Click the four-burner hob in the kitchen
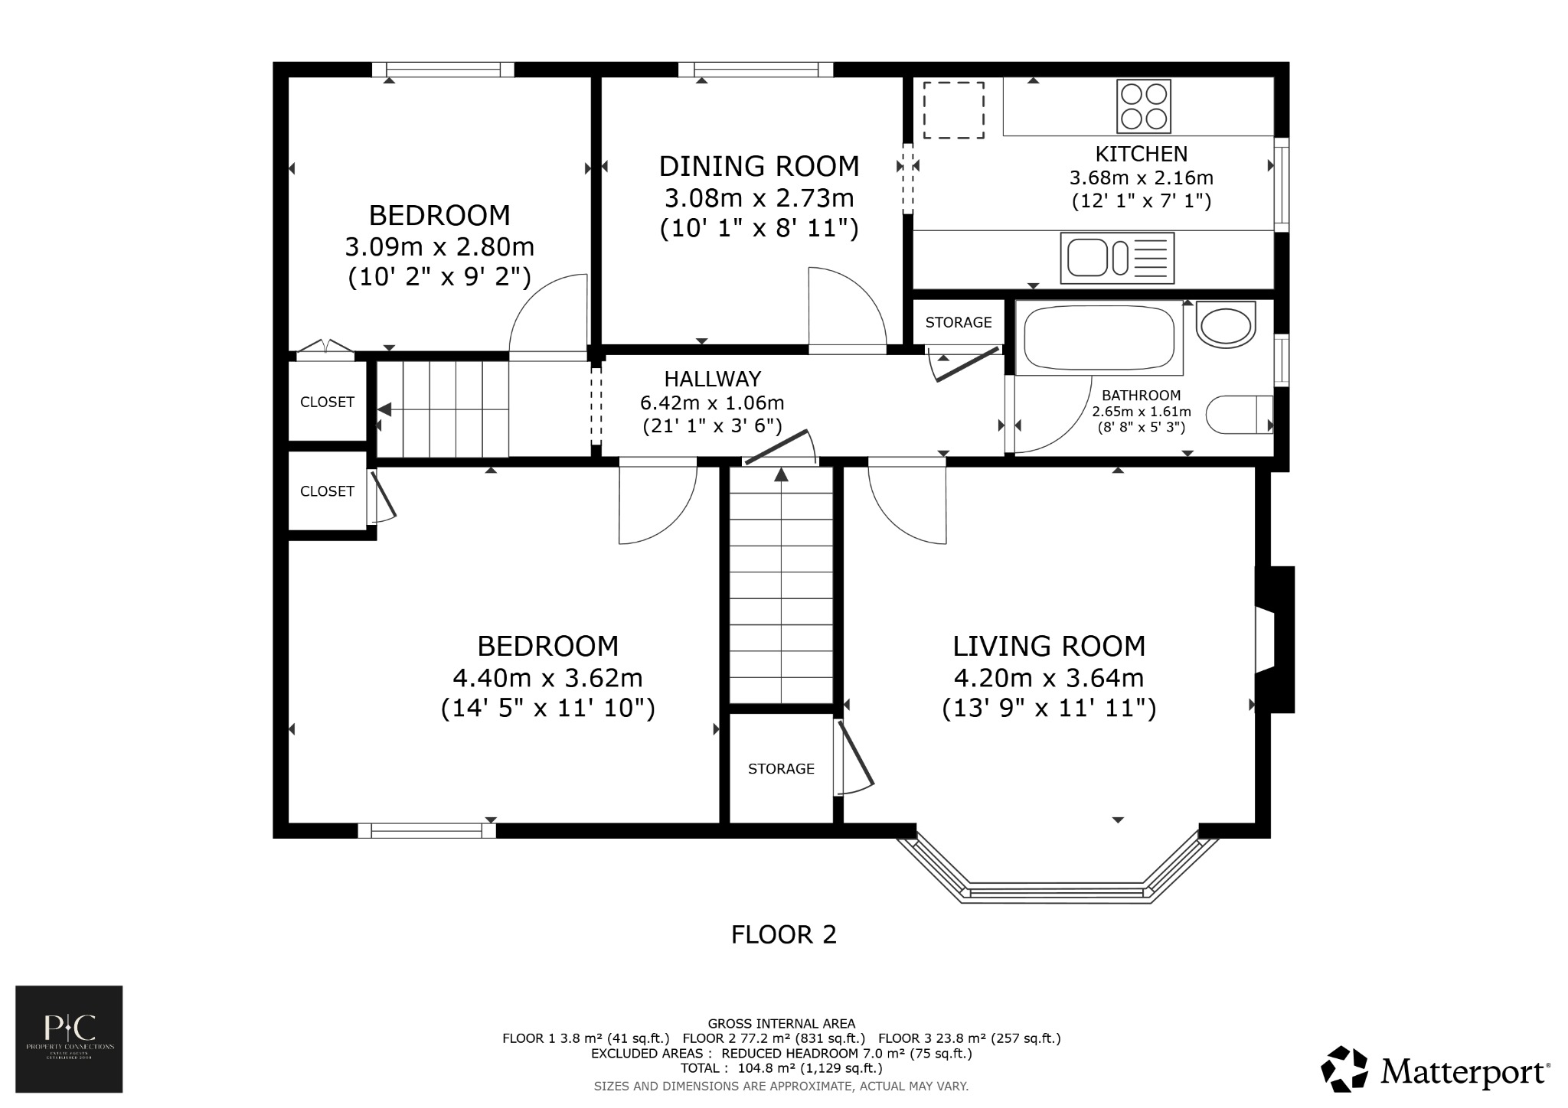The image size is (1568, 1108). tap(1144, 106)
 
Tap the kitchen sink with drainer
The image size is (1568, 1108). tap(1116, 258)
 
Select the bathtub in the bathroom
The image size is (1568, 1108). tap(1099, 337)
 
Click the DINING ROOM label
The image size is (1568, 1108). tap(759, 166)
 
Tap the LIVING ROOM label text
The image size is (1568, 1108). tap(1048, 647)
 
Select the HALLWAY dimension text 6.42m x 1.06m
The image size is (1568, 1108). tap(712, 402)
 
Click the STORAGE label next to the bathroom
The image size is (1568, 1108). tap(958, 322)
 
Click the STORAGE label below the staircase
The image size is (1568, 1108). tap(781, 768)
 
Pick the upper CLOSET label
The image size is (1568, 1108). tap(327, 402)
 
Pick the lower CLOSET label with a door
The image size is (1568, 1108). tap(327, 491)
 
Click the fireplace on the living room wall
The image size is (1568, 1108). tap(1272, 639)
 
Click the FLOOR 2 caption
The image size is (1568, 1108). tap(783, 934)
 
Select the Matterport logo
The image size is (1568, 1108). tap(1436, 1069)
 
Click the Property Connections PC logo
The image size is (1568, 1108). tap(69, 1038)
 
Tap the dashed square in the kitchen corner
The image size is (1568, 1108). tap(953, 110)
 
